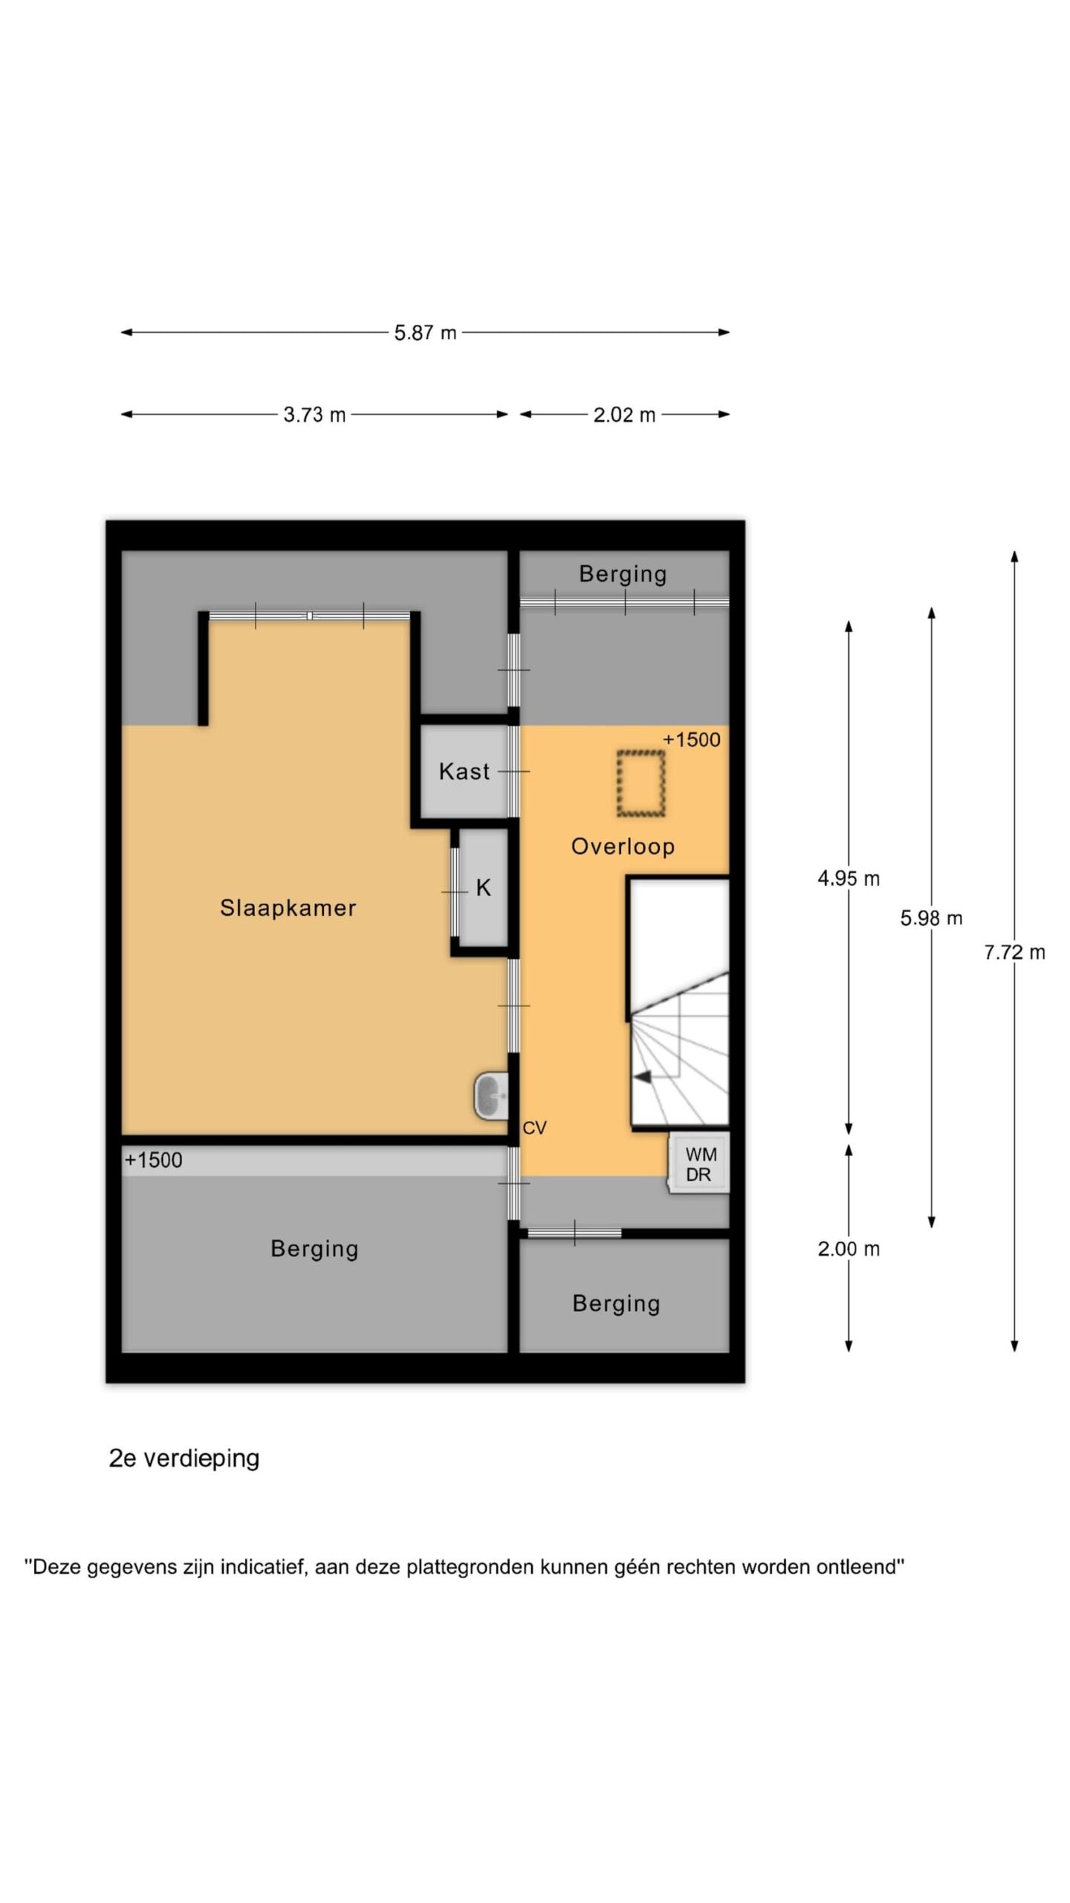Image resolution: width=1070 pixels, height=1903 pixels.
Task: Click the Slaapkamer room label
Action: [288, 908]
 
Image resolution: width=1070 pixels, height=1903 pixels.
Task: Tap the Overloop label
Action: [623, 846]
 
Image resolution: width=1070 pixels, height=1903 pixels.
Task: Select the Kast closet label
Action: [464, 771]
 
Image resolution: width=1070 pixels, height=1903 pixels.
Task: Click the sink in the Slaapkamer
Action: [491, 1096]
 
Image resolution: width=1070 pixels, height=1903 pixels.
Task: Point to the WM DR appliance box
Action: [699, 1164]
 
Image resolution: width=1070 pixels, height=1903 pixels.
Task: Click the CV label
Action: [534, 1128]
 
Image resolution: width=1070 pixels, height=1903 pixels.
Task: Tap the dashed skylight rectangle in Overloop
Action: [641, 784]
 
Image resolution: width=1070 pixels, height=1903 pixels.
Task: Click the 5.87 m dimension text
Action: [425, 333]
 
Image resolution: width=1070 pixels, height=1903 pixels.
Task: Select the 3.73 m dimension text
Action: [314, 415]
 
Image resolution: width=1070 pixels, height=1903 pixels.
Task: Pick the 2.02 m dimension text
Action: [624, 415]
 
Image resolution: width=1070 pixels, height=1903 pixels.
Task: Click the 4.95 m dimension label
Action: [849, 879]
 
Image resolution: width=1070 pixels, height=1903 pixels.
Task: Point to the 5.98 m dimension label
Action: [931, 919]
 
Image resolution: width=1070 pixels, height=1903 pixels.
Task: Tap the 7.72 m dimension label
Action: [1014, 952]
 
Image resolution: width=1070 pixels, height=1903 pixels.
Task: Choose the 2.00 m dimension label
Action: [849, 1249]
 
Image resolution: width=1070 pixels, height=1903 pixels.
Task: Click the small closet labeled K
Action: [483, 888]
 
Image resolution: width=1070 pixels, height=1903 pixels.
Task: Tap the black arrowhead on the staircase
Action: [642, 1076]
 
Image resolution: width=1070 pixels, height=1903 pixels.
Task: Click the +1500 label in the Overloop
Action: [691, 740]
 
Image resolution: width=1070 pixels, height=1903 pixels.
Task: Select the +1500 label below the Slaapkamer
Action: [153, 1160]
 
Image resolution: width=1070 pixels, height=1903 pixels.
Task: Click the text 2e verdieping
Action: [184, 1458]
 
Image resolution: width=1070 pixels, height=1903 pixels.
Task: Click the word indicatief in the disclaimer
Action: [264, 1567]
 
